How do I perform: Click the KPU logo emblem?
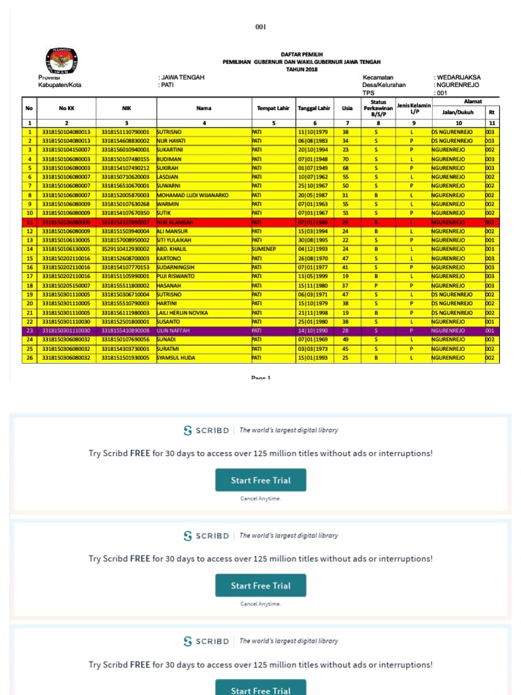tap(60, 60)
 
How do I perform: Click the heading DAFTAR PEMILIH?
tap(302, 54)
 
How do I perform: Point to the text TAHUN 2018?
tap(302, 69)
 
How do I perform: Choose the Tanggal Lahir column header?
tap(314, 108)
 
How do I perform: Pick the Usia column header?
tap(347, 108)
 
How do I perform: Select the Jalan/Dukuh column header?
tap(459, 113)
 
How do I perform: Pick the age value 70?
tap(346, 159)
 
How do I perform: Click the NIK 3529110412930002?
tap(126, 249)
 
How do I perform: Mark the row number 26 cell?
tap(30, 357)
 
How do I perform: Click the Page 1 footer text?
tap(260, 378)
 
